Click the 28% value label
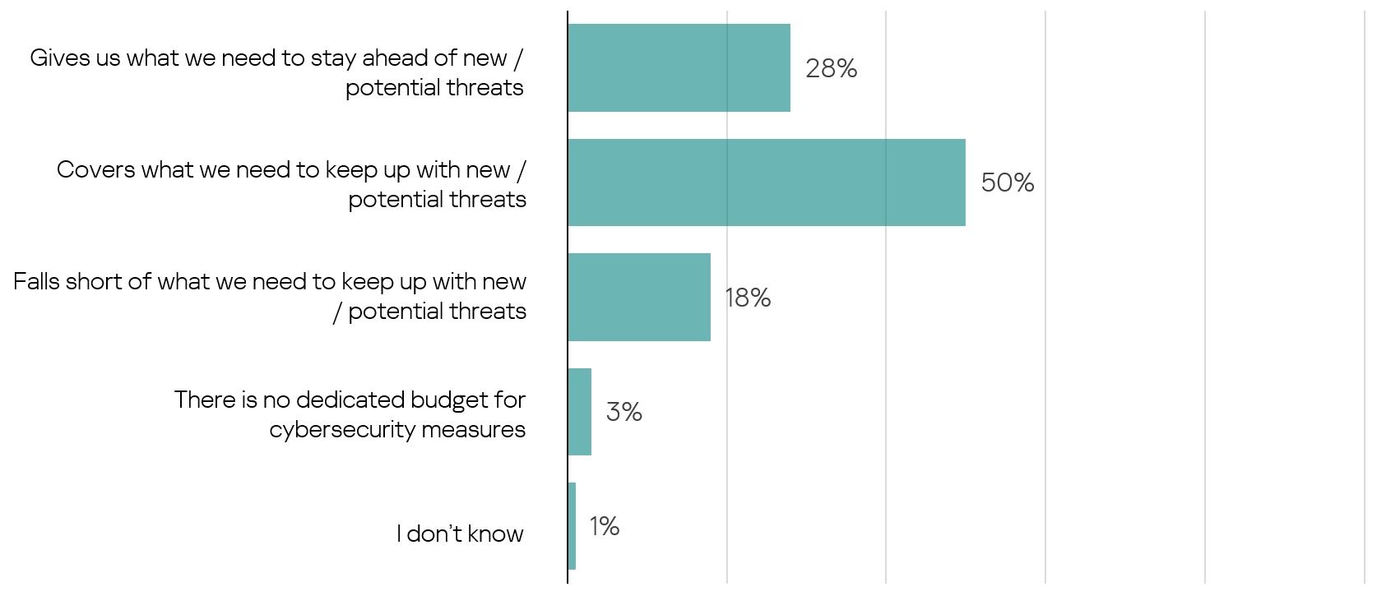[831, 68]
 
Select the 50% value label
[1007, 182]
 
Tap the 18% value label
[747, 298]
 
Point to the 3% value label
[624, 412]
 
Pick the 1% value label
[604, 526]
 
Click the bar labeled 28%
[679, 68]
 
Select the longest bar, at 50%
[766, 182]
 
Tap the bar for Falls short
[638, 298]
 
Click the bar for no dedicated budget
[579, 412]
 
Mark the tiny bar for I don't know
[572, 526]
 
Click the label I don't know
[460, 534]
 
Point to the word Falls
[36, 281]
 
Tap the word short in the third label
[95, 281]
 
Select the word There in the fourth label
[204, 400]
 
